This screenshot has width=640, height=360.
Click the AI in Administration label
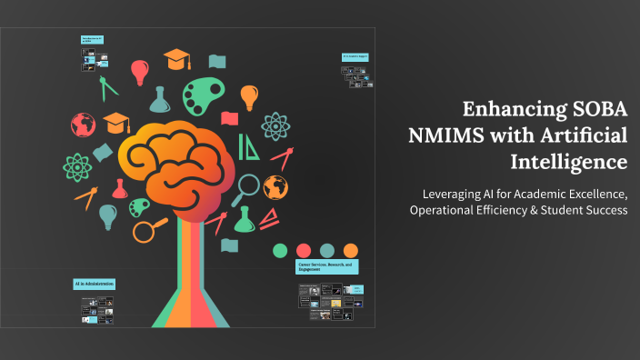(95, 285)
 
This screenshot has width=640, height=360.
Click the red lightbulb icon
(139, 70)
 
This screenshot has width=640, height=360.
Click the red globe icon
(83, 124)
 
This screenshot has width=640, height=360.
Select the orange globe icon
(275, 187)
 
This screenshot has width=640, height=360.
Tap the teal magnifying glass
(245, 188)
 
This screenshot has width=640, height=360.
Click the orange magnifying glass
(149, 227)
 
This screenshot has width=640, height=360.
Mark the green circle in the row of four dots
(280, 250)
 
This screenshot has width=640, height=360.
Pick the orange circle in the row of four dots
(351, 250)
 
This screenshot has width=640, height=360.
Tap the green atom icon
(77, 165)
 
